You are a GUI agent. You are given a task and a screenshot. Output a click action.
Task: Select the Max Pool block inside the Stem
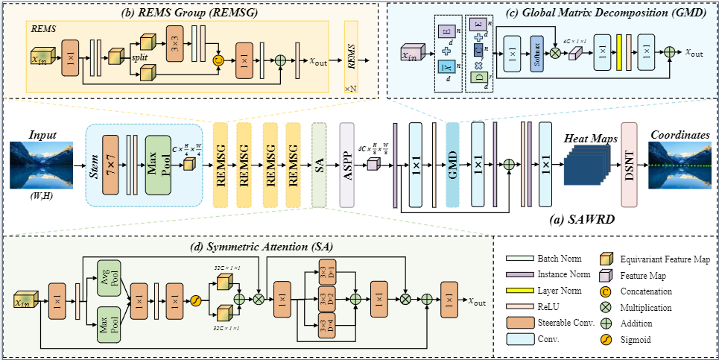[158, 165]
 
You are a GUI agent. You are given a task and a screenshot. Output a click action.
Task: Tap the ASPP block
[346, 164]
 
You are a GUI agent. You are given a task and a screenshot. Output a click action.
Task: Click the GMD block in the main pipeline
[452, 164]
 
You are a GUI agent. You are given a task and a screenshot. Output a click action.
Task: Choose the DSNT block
[629, 165]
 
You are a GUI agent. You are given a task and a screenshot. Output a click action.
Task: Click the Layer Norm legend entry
[560, 291]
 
